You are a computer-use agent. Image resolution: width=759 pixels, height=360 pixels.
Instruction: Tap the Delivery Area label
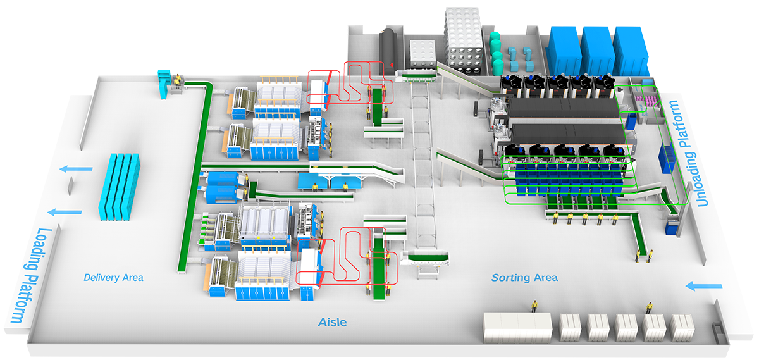[x=114, y=277]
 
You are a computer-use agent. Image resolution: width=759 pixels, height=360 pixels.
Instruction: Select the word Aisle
[x=332, y=322]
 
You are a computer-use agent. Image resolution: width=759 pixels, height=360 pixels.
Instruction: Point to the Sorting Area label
[x=524, y=277]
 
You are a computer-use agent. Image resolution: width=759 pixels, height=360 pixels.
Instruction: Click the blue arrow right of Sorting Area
[x=704, y=287]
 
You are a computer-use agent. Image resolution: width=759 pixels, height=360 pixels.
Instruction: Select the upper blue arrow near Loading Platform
[x=77, y=170]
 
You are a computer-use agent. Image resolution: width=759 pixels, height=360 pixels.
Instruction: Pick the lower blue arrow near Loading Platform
[x=66, y=212]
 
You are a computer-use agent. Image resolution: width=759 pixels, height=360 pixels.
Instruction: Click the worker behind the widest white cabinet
[x=534, y=306]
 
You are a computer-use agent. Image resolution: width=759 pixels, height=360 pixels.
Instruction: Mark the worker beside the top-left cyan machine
[x=178, y=80]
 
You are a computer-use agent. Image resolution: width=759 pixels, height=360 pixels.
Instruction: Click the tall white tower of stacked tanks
[x=464, y=39]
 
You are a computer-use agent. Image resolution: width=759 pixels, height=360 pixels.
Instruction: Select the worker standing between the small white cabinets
[x=648, y=308]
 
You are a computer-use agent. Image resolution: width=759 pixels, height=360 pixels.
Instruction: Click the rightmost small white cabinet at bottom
[x=682, y=327]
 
